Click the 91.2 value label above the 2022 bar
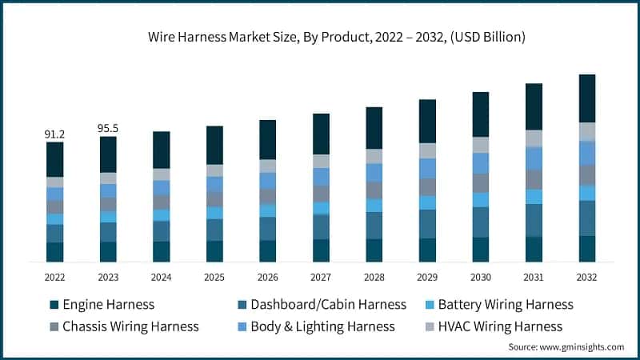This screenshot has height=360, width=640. click(x=54, y=134)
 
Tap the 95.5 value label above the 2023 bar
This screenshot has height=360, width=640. click(x=108, y=128)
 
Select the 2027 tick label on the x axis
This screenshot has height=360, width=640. click(x=321, y=276)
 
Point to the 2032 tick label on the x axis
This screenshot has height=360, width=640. click(x=587, y=276)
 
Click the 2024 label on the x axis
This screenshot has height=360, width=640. click(x=161, y=276)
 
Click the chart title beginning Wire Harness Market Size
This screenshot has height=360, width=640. click(x=336, y=37)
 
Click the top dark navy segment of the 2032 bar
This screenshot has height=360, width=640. click(x=587, y=98)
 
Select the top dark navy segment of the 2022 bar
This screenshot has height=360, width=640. click(x=54, y=159)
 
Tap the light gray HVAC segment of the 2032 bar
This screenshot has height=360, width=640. click(x=587, y=131)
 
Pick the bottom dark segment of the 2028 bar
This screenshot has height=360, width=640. click(x=374, y=250)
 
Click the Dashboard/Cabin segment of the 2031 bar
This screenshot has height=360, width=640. click(x=534, y=220)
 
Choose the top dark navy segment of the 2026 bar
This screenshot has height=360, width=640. click(x=267, y=139)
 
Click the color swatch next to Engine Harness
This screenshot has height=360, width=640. click(x=54, y=305)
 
